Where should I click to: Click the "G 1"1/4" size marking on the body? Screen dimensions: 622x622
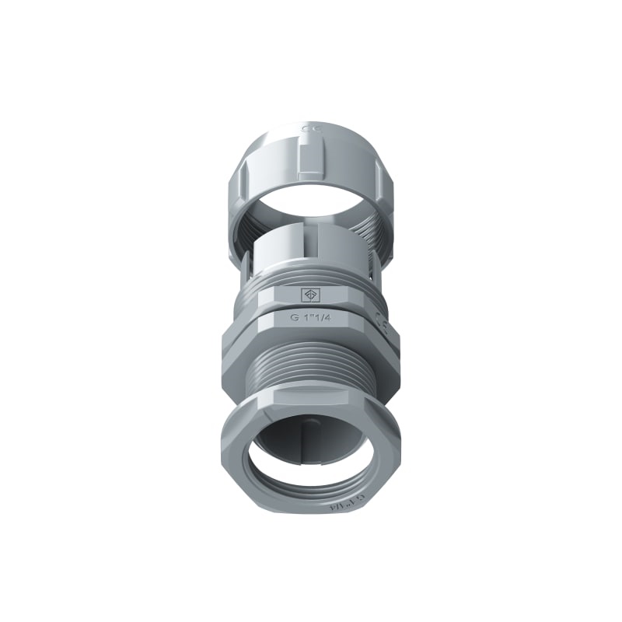coord(311,317)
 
